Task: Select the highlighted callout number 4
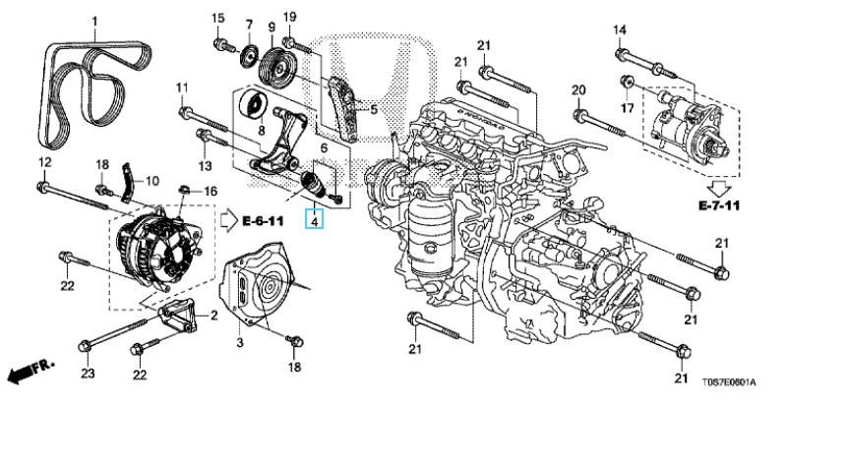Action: pos(314,222)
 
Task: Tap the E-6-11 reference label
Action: pos(262,221)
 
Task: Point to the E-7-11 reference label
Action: pos(718,205)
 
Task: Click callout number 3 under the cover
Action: pos(238,341)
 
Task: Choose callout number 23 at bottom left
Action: pos(88,374)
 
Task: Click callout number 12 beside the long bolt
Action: pos(44,161)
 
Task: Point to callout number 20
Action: pos(578,91)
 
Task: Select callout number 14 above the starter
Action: pos(621,29)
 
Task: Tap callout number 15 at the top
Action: pos(217,18)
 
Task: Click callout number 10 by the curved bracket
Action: pos(151,181)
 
